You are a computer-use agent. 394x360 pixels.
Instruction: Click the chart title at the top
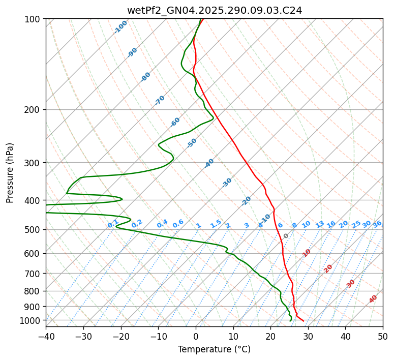pos(214,10)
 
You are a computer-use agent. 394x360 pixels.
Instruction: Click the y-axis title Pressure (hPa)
pos(10,172)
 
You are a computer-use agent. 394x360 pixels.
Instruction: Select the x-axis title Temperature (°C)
pos(214,349)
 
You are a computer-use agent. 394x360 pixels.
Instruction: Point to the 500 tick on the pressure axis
pos(33,229)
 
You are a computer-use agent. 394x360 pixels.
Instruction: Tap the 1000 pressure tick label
pos(31,320)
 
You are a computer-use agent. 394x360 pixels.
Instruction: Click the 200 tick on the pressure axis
pos(33,109)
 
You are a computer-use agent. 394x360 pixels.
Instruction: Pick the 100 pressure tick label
pos(33,19)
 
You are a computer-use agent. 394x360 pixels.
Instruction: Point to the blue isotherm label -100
pos(120,27)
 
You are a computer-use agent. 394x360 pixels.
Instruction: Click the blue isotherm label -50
pos(191,143)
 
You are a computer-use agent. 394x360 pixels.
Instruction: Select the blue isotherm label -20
pos(246,201)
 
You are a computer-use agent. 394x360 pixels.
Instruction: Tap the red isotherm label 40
pos(373,299)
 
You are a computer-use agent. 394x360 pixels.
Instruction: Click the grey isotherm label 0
pos(286,236)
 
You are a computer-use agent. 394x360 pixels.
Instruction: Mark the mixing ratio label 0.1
pos(113,223)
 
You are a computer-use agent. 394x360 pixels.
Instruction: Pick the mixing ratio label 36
pos(377,224)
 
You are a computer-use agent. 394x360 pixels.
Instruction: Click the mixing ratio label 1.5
pos(216,223)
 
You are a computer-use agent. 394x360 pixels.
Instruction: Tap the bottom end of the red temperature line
pos(304,321)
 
